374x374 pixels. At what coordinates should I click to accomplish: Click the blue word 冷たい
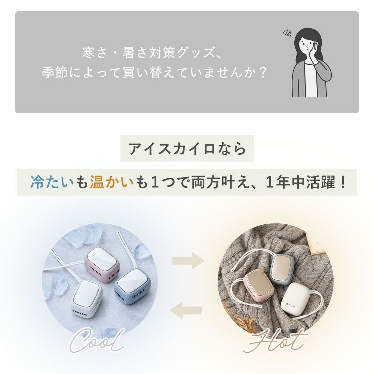point(52,182)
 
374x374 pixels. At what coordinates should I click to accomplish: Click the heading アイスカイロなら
point(187,148)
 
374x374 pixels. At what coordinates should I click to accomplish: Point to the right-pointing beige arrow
point(188,260)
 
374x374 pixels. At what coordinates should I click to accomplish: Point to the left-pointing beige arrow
point(186,310)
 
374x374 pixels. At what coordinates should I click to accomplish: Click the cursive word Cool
point(96,341)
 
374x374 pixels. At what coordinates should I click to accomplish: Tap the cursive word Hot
point(275,341)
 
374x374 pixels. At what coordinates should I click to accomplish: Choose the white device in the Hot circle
point(294,301)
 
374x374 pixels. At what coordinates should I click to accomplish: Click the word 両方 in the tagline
point(206,182)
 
